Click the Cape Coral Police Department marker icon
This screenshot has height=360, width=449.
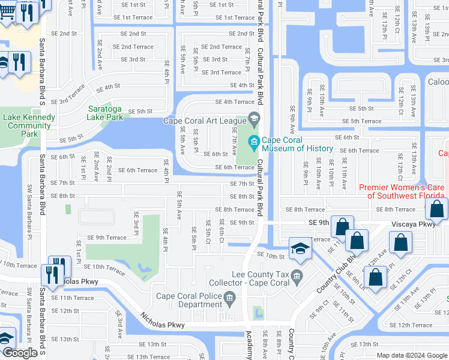[229, 298]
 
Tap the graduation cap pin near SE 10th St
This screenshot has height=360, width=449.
[299, 248]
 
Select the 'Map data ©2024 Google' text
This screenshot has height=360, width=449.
[412, 355]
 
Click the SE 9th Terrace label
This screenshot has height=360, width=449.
[107, 238]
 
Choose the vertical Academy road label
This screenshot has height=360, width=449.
[249, 347]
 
